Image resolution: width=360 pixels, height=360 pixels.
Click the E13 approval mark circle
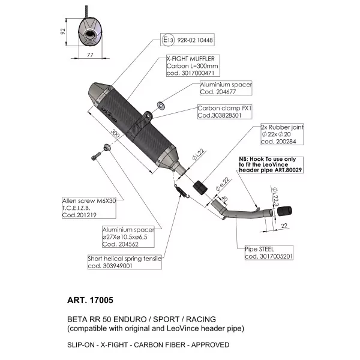coord(168,40)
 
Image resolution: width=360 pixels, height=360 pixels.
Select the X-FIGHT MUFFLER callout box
coord(193,65)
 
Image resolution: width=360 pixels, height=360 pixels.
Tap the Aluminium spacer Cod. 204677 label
coord(226,88)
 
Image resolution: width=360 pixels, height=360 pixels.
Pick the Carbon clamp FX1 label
coord(224,112)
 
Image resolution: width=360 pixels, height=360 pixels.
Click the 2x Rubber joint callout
coord(282,134)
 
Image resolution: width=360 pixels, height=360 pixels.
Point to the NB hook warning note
coord(271,164)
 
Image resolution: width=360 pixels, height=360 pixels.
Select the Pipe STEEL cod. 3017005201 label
coord(269,253)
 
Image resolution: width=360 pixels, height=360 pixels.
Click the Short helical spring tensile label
coord(125,262)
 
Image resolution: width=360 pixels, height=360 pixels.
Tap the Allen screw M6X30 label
coord(89,208)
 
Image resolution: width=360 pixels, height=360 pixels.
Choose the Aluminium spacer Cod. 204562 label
coord(128,237)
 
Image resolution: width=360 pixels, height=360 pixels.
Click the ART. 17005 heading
coord(90,300)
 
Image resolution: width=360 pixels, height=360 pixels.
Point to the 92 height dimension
coord(62,32)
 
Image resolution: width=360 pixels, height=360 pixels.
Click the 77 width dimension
coord(90,55)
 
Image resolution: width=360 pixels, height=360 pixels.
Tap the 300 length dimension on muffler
coord(115,133)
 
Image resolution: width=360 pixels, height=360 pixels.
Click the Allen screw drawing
coord(96,156)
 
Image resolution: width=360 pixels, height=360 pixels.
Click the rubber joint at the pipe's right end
coord(284,211)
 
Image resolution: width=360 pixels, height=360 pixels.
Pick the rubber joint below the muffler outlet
coord(200,188)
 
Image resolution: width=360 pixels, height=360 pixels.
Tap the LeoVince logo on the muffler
coord(109,113)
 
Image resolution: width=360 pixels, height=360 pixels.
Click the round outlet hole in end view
coord(89,35)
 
